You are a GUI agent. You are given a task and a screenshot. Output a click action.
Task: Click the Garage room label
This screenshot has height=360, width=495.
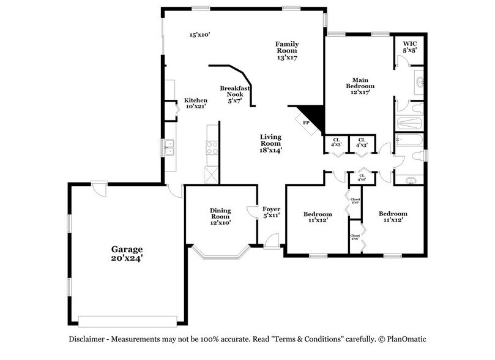tap(127, 249)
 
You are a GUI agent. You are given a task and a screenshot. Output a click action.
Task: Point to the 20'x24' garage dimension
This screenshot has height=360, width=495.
tap(127, 259)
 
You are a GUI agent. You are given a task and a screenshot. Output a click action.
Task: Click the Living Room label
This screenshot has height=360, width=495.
tap(270, 140)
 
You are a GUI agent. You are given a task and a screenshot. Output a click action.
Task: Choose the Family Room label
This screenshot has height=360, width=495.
tap(286, 47)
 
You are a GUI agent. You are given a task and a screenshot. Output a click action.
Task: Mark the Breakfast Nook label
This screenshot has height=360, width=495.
tap(235, 91)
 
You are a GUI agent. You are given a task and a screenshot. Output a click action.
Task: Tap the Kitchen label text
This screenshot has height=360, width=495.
tap(196, 100)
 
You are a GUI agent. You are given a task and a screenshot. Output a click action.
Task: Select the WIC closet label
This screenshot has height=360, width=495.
tap(409, 43)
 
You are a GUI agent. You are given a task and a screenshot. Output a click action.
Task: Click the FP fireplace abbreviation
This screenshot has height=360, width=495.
tap(307, 122)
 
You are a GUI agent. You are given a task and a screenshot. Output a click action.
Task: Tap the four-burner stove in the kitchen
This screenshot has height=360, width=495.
tap(212, 148)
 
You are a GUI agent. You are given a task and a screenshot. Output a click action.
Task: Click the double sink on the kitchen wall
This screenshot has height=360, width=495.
tap(169, 148)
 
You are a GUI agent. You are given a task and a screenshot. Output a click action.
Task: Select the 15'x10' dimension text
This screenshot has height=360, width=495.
tap(200, 35)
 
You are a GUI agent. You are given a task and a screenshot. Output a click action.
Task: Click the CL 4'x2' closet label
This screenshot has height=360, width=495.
tap(362, 178)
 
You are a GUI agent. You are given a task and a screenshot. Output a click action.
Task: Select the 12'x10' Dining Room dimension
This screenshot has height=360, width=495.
tap(220, 223)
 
